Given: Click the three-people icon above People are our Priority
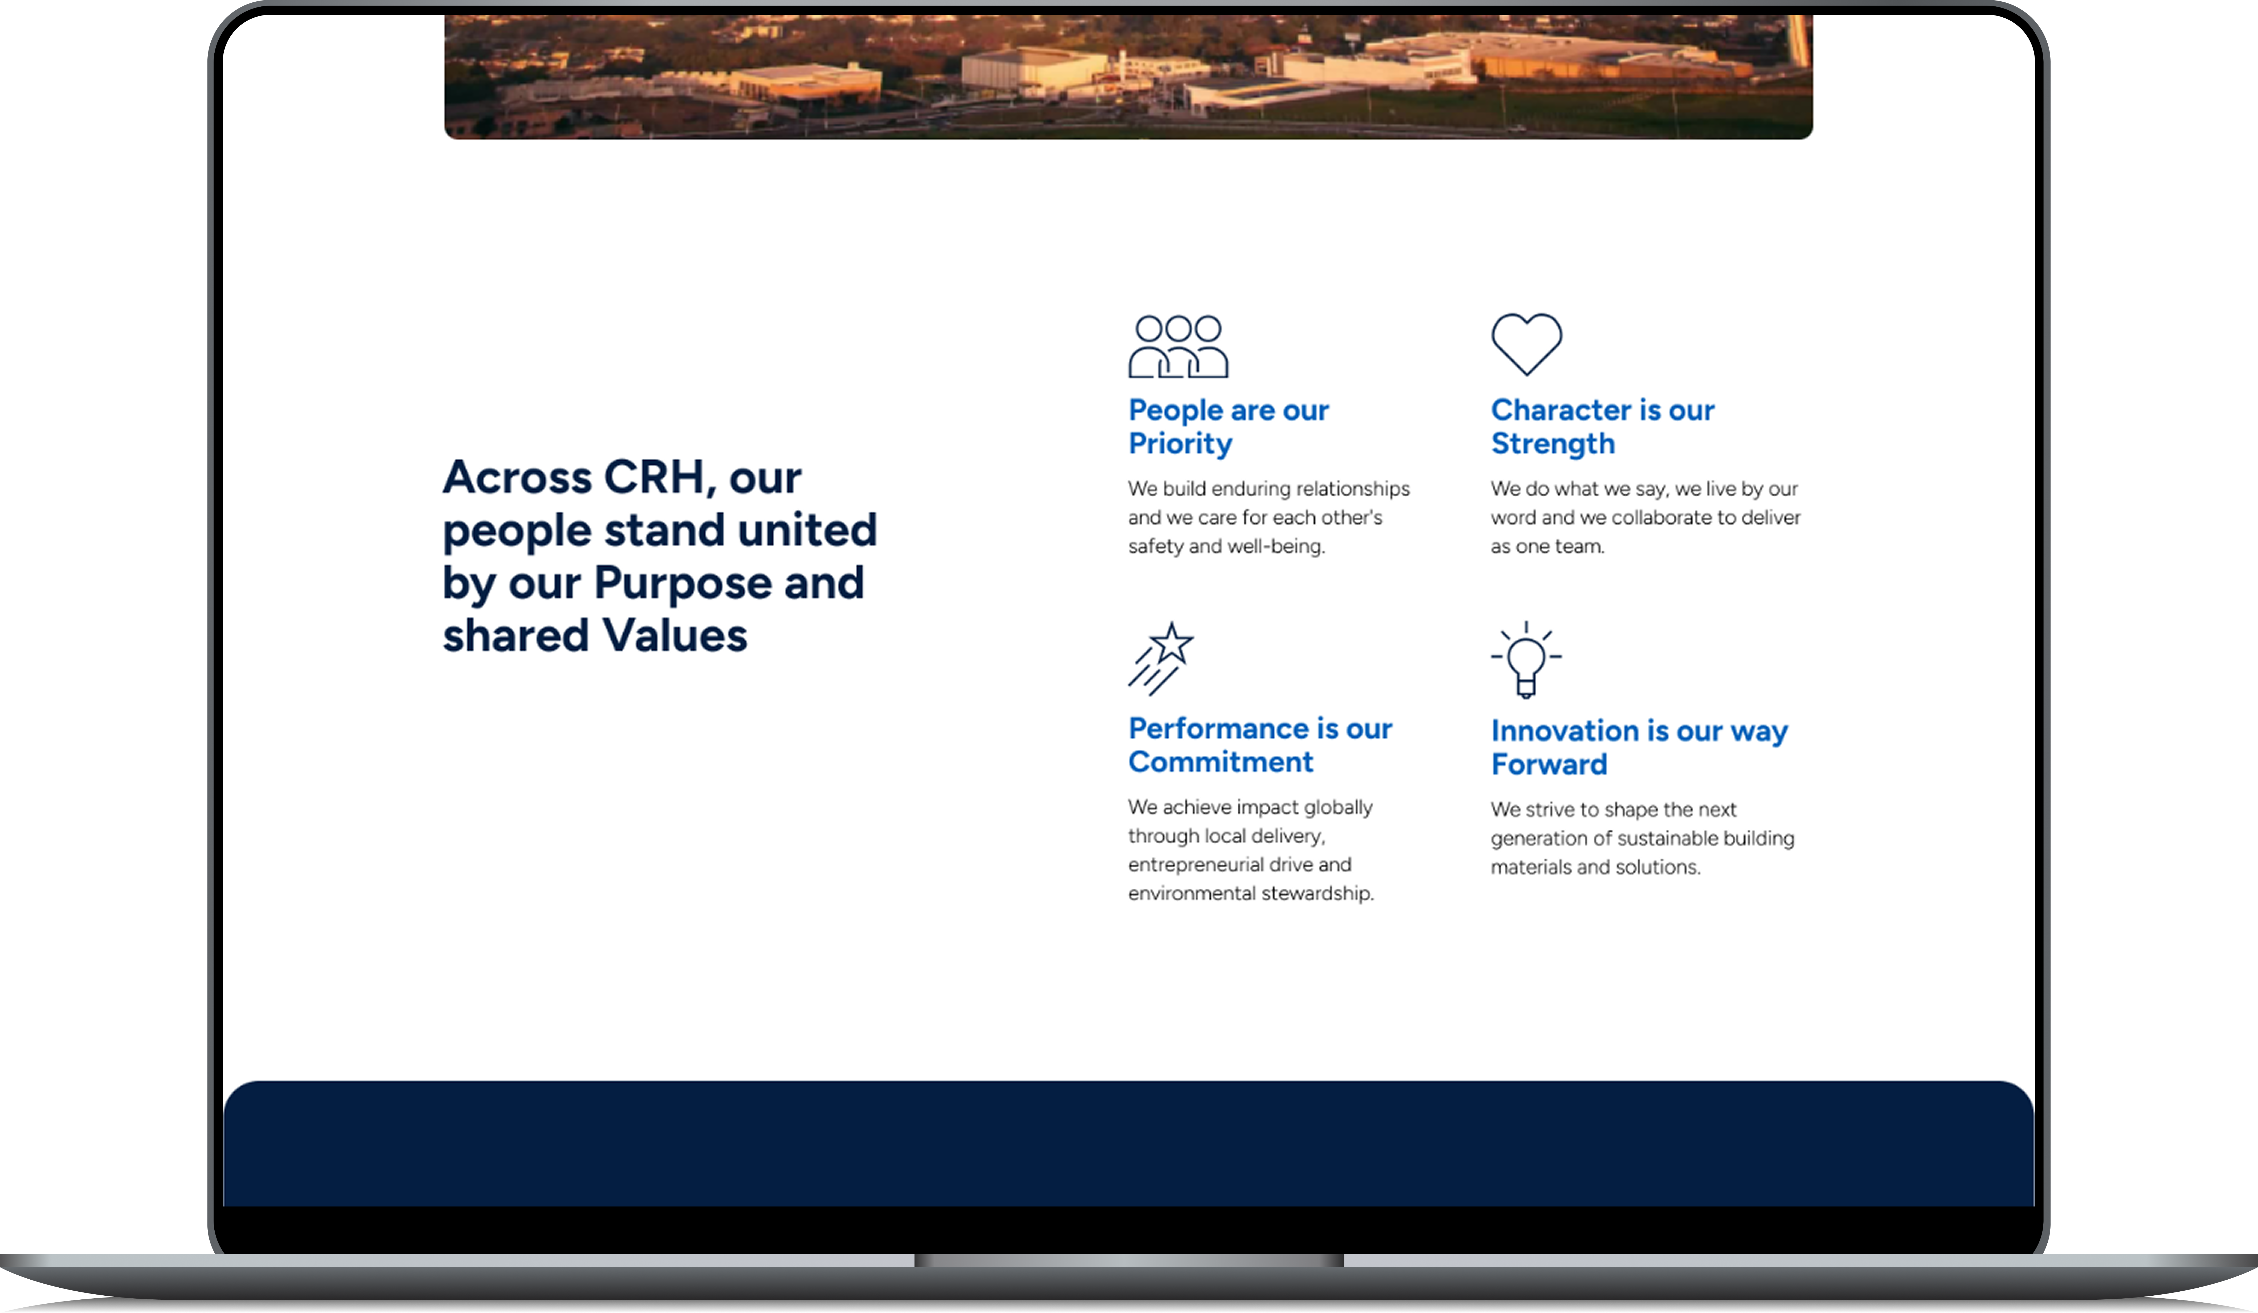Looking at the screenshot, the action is click(1178, 346).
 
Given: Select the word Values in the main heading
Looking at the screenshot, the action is click(675, 636).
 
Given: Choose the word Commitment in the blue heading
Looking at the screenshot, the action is click(1220, 762).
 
